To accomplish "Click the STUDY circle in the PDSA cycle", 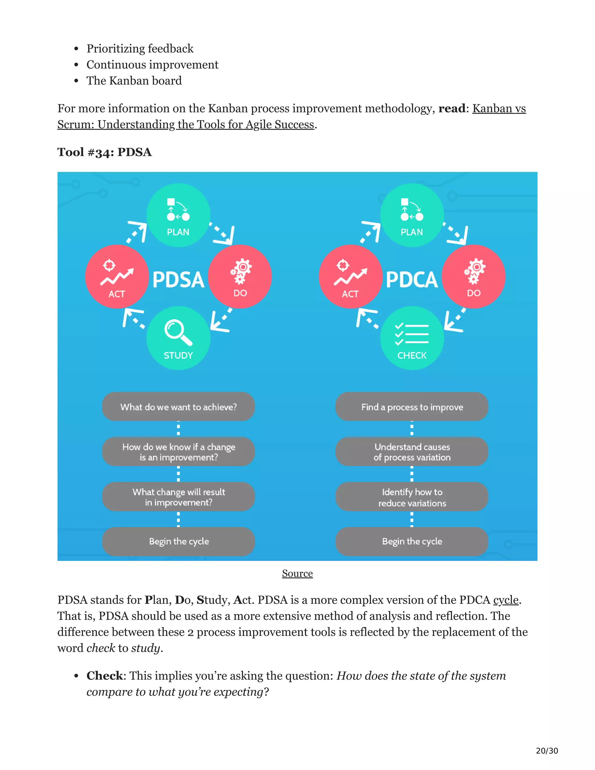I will [178, 338].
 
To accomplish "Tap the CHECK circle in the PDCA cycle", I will [412, 338].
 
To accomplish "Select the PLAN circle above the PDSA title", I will [178, 215].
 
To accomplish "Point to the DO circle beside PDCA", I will [473, 276].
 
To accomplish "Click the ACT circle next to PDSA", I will [117, 276].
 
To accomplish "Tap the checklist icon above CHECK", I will [412, 334].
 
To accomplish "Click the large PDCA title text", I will [412, 280].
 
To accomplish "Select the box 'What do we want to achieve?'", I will [178, 407].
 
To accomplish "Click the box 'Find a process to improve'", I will [412, 407].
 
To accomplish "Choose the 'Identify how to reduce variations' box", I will [412, 497].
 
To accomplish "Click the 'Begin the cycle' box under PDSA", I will [178, 541].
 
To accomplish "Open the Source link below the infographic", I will [297, 573].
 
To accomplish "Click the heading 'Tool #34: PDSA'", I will [104, 152].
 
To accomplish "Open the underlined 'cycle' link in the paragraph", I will [506, 600].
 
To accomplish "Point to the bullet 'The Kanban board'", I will [134, 81].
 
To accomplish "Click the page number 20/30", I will [547, 751].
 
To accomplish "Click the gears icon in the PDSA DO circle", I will [241, 271].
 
